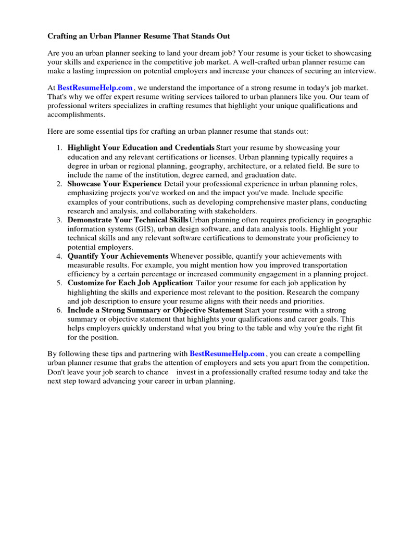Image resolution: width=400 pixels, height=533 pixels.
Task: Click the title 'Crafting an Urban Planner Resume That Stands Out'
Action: [139, 36]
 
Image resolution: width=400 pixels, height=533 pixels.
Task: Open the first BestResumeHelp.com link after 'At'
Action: [95, 88]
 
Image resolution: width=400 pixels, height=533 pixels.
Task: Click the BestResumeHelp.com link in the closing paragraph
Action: [227, 353]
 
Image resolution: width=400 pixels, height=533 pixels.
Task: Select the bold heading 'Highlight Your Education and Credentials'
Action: [141, 147]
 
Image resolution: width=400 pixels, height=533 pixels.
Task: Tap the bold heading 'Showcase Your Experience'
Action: [114, 184]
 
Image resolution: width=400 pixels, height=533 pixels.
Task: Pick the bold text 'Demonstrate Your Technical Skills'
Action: [127, 220]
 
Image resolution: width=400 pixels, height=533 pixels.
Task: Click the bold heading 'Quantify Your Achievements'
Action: [118, 256]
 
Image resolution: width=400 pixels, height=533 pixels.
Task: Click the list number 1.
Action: [59, 148]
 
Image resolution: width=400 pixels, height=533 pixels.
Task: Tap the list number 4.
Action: [59, 256]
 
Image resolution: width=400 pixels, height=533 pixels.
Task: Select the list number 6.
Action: [59, 310]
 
